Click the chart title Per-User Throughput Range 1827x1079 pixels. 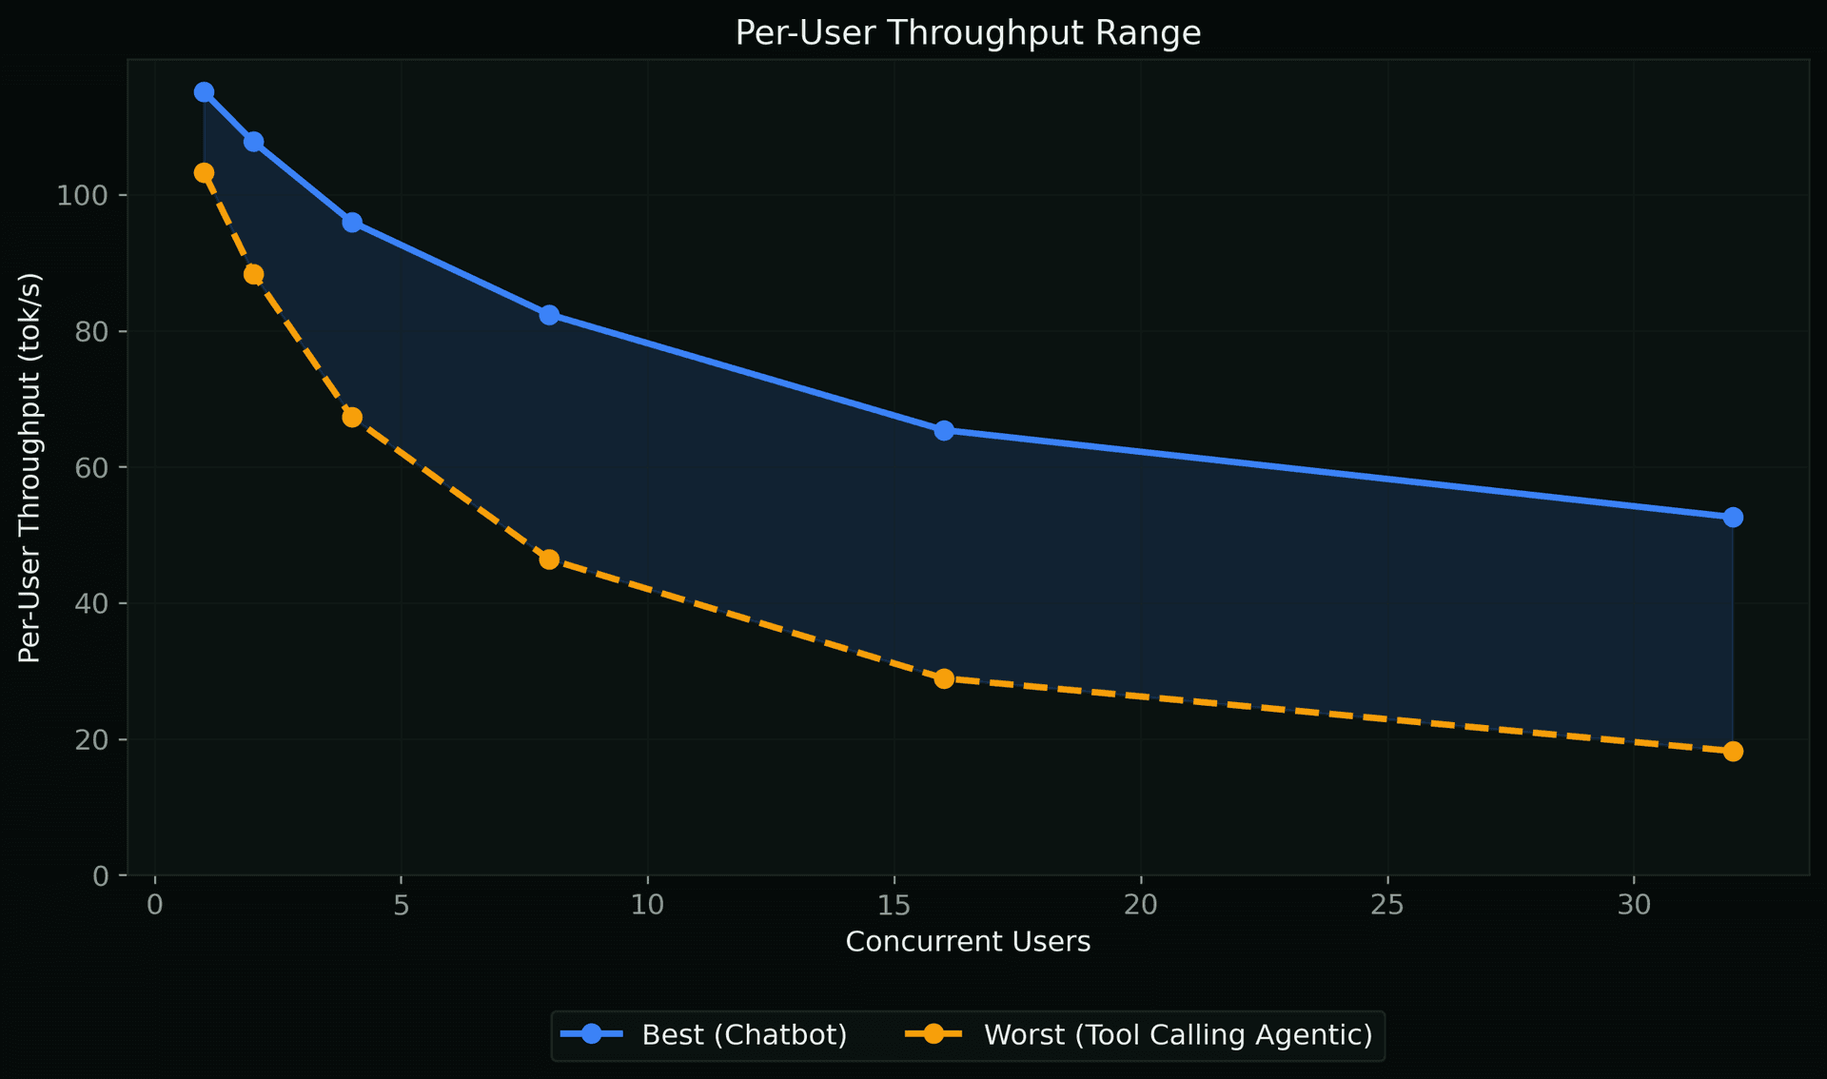pos(968,33)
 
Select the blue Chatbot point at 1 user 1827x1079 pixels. pos(204,92)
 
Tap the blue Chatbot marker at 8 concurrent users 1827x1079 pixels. pos(549,315)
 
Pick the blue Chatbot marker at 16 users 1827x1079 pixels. pos(944,431)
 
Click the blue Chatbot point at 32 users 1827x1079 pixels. pos(1733,518)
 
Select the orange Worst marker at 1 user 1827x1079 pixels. pos(204,173)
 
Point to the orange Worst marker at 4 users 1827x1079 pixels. pos(352,418)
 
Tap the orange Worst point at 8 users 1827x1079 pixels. pos(549,559)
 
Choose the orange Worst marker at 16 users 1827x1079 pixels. pos(944,679)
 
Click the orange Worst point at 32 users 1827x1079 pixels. pos(1733,752)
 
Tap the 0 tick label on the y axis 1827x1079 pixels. pos(102,876)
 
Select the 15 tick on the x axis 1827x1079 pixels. pos(894,905)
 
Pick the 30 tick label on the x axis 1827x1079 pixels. pos(1634,905)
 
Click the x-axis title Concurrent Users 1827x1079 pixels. pos(968,942)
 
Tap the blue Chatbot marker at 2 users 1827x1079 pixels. pos(253,142)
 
